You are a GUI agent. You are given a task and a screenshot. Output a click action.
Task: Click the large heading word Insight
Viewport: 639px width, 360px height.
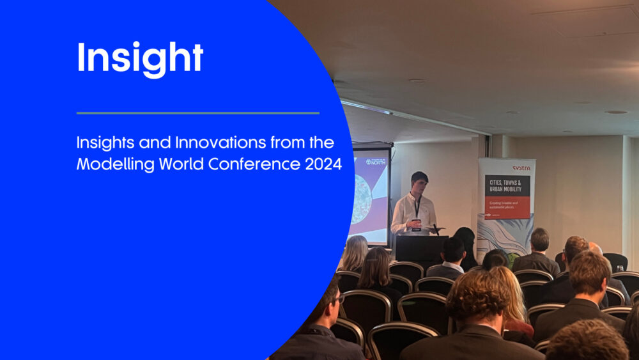[140, 58]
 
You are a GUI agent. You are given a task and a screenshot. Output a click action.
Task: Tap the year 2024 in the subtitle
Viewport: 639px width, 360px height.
[321, 164]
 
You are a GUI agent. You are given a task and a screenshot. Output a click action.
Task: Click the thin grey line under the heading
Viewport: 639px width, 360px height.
[197, 113]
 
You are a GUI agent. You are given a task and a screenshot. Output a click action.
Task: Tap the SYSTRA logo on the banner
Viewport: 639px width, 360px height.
[521, 168]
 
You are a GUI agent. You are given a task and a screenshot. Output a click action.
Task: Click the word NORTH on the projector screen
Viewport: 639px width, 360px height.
[377, 162]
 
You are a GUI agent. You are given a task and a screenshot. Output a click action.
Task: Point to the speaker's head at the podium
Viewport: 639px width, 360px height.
[419, 182]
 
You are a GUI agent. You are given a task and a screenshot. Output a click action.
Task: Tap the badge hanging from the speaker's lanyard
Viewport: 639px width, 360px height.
[416, 223]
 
